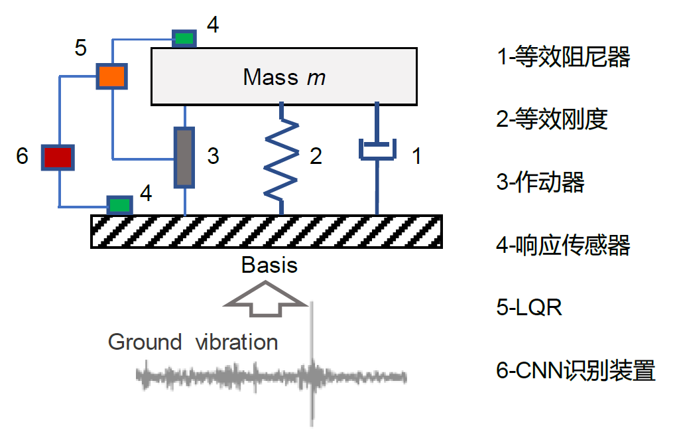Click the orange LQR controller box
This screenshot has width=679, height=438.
point(111,76)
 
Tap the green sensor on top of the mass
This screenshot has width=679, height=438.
point(184,38)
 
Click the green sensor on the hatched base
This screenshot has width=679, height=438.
point(120,204)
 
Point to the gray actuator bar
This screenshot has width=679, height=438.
point(185,157)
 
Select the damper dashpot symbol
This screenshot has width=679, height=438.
point(377,150)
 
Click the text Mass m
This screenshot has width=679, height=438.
point(284,77)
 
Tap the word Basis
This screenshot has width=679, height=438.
point(269,265)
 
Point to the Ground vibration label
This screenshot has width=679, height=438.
point(193,342)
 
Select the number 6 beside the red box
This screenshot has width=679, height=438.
point(23,157)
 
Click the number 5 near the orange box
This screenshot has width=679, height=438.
point(80,48)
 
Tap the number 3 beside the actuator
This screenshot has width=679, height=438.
point(213,157)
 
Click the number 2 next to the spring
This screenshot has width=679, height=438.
point(316,157)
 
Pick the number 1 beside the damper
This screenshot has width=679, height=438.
point(416,157)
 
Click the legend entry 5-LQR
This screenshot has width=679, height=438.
point(529,307)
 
